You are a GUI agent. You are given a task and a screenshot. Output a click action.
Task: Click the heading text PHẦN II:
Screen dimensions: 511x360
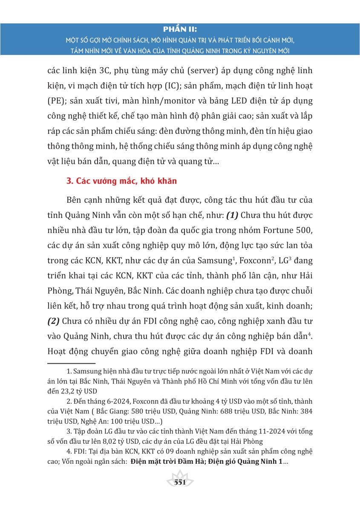[x=180, y=30]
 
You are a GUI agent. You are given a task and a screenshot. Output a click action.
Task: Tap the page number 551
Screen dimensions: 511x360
[x=180, y=482]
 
